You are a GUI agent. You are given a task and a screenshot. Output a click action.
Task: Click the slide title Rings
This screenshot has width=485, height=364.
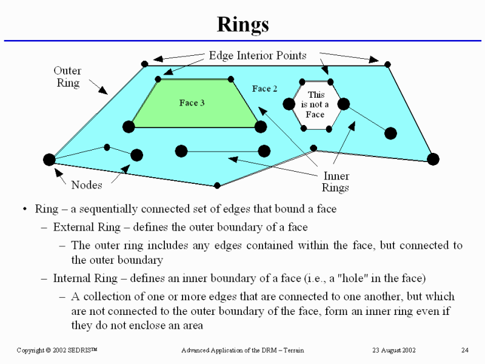pyautogui.click(x=242, y=25)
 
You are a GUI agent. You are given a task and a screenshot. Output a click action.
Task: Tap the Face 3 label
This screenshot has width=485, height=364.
pyautogui.click(x=192, y=103)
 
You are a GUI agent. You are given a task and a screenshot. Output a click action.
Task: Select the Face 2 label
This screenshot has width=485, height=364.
pyautogui.click(x=265, y=89)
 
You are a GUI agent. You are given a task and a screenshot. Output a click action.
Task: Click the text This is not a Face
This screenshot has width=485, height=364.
pyautogui.click(x=315, y=104)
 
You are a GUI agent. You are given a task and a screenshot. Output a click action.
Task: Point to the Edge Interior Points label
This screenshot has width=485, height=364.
pyautogui.click(x=258, y=55)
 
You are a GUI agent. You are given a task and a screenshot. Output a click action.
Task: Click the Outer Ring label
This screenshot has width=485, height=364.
pyautogui.click(x=67, y=77)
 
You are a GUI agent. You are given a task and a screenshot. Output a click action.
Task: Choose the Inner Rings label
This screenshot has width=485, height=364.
pyautogui.click(x=335, y=182)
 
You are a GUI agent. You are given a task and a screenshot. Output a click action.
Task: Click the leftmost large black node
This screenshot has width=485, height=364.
pyautogui.click(x=50, y=160)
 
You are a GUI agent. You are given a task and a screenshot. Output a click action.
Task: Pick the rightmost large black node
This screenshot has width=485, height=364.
pyautogui.click(x=432, y=159)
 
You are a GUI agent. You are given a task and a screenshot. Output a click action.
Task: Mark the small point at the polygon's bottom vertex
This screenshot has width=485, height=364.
pyautogui.click(x=217, y=185)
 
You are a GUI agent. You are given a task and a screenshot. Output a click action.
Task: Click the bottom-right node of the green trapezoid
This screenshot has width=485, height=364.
pyautogui.click(x=261, y=127)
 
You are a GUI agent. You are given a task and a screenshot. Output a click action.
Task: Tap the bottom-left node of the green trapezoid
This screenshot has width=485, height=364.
pyautogui.click(x=129, y=127)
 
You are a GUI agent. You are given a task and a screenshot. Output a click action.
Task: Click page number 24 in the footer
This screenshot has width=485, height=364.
pyautogui.click(x=465, y=351)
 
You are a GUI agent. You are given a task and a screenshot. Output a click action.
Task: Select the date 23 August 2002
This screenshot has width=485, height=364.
pyautogui.click(x=393, y=351)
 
